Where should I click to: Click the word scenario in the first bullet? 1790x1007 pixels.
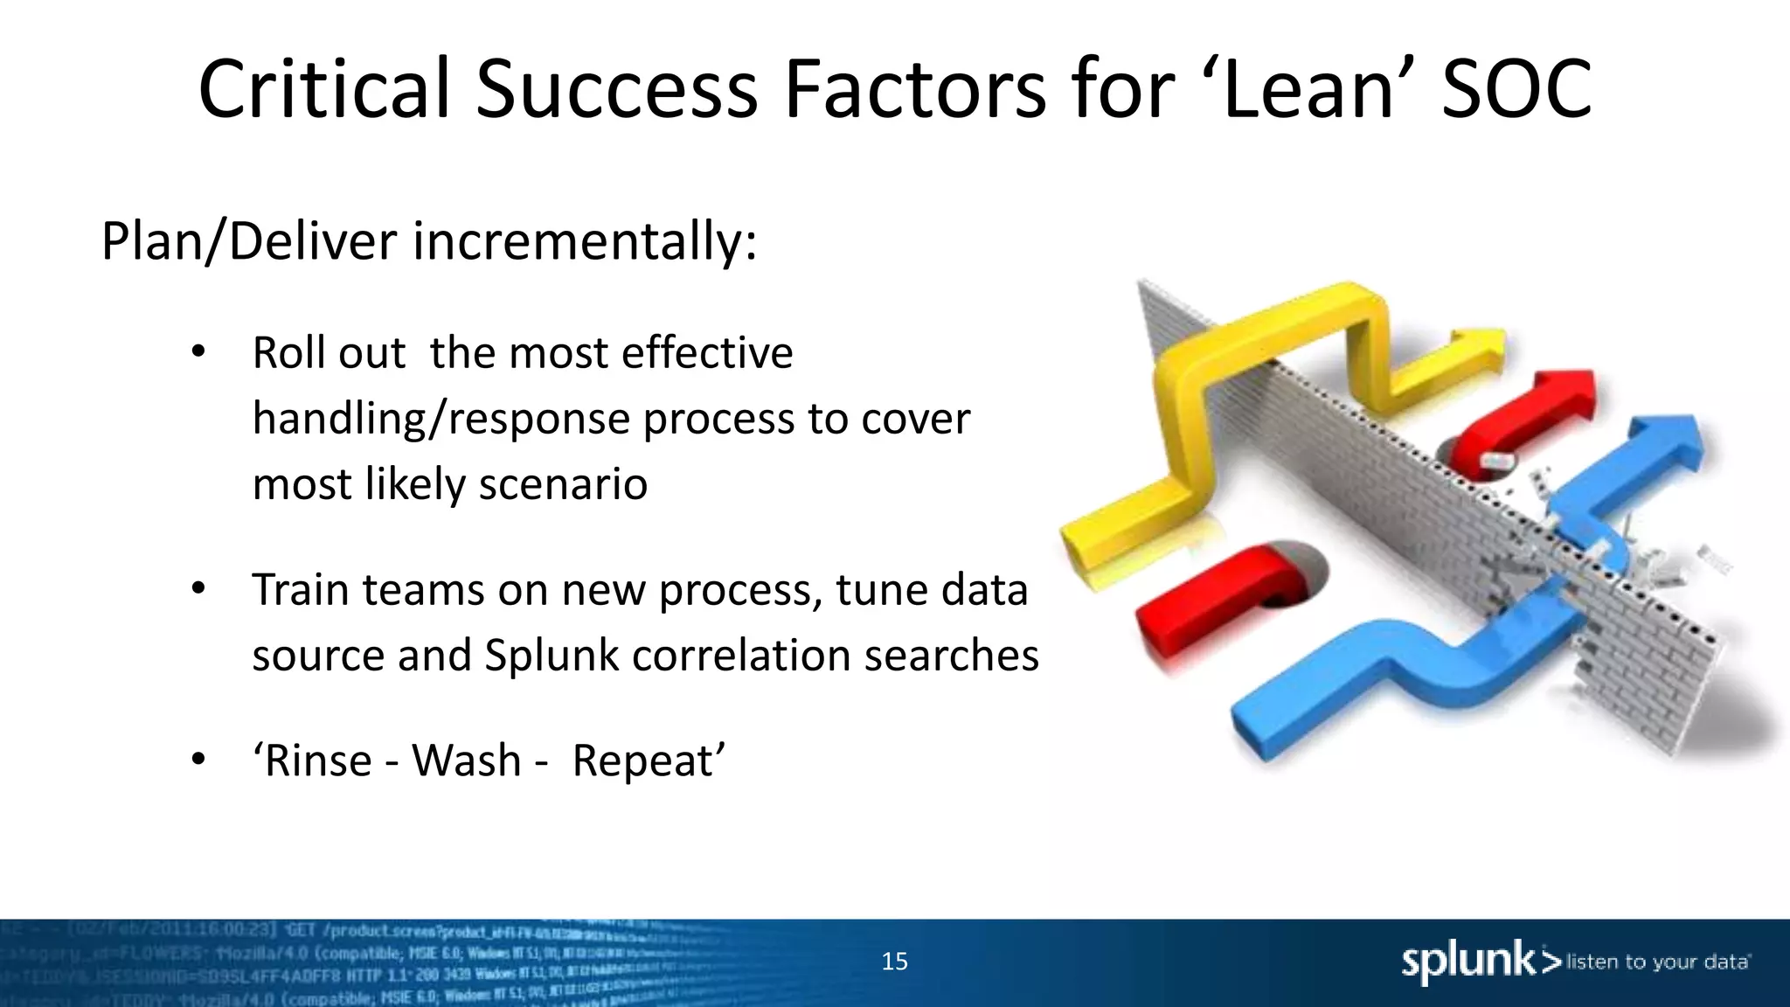(563, 484)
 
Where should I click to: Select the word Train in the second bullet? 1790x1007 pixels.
(302, 590)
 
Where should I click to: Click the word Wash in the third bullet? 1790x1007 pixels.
(466, 760)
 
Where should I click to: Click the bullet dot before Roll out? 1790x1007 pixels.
(198, 352)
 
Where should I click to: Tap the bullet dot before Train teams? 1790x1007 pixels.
(198, 589)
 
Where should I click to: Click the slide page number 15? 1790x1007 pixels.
(894, 962)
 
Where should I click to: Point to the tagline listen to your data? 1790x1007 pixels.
(1657, 962)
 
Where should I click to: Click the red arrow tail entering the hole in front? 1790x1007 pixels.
(1224, 586)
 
